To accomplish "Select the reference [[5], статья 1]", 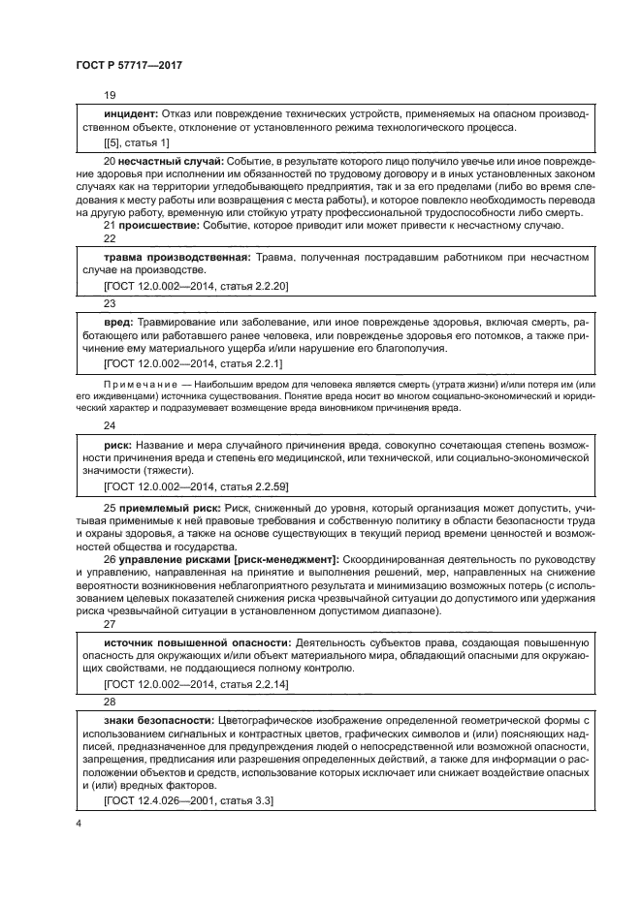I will click(136, 142).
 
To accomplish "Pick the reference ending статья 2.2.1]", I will click(192, 362).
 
